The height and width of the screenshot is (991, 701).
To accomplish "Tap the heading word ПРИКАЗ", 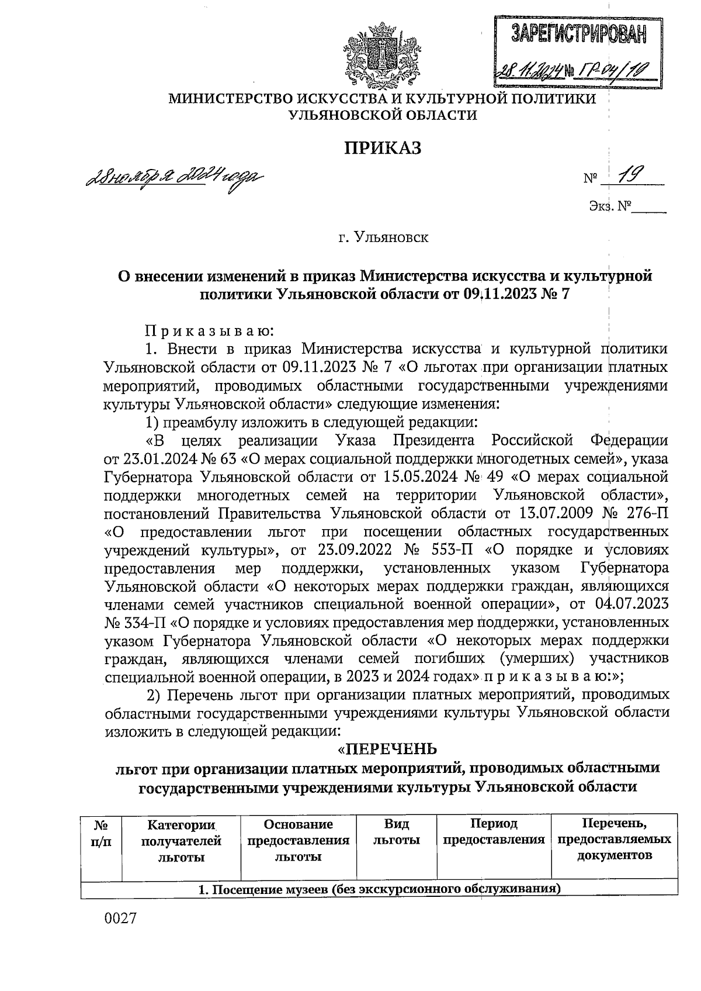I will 382,148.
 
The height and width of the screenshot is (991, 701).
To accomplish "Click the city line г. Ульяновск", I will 383,238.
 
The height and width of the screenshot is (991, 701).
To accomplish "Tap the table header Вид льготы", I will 397,832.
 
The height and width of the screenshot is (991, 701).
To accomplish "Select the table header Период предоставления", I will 494,832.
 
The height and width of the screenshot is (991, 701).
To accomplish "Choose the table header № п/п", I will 103,832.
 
